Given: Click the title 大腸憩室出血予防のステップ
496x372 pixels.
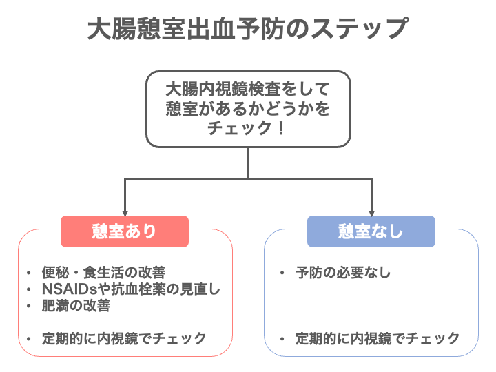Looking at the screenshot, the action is (x=248, y=29).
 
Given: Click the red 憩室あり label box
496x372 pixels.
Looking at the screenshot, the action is (x=125, y=231).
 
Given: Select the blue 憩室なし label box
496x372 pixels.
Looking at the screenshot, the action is (x=371, y=231).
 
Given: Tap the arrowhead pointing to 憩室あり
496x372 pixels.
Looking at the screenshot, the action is (x=125, y=213).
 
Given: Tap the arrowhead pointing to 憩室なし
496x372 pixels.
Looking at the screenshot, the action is (x=372, y=213).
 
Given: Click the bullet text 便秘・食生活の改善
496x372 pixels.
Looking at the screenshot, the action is (x=103, y=272).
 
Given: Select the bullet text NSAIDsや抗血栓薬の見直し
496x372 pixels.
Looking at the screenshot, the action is (x=131, y=289).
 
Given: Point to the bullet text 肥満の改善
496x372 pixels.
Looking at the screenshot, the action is (x=76, y=306).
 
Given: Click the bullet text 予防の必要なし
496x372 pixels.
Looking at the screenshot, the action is (x=343, y=272).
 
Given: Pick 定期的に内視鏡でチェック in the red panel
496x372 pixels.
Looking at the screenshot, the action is (x=124, y=338).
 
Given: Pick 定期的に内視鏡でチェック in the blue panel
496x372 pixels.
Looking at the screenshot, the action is (x=378, y=338).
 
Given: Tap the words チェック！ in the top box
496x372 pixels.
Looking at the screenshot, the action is (x=247, y=128).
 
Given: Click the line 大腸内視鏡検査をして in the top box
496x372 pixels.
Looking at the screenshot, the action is (x=248, y=89).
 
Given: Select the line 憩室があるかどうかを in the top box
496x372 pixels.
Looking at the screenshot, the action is (x=248, y=109).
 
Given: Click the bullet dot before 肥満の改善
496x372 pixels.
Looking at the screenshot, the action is (x=28, y=306).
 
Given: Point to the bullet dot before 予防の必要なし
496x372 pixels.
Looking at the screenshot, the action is (x=282, y=273).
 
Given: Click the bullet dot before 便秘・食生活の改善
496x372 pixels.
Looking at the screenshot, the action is (x=28, y=273).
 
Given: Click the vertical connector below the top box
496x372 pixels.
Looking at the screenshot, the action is (x=248, y=163).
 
